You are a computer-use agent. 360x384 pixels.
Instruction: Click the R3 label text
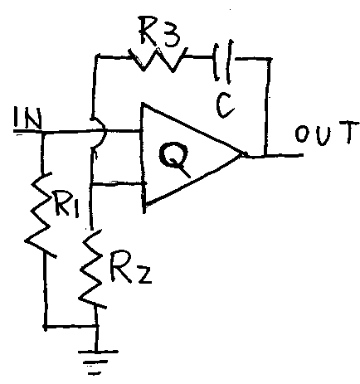(x=160, y=34)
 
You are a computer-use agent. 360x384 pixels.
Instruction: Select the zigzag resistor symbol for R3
(x=157, y=60)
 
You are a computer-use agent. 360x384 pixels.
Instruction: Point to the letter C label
(x=226, y=106)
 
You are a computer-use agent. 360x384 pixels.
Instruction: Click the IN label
(x=27, y=119)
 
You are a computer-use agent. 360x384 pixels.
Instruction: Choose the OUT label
(x=327, y=134)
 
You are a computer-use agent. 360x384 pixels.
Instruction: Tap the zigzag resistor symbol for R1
(x=40, y=215)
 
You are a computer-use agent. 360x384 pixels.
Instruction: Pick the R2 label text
(x=130, y=267)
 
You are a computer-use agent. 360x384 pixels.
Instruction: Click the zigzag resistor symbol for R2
(x=92, y=268)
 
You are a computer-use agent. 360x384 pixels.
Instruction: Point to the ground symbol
(x=97, y=362)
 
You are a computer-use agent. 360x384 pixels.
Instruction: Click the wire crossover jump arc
(x=100, y=134)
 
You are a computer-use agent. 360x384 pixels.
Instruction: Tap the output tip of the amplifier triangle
(x=243, y=154)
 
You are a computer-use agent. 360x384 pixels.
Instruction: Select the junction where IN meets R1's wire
(x=43, y=133)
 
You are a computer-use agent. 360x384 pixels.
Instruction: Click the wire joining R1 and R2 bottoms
(x=71, y=327)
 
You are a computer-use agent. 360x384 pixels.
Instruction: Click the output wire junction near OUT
(x=265, y=156)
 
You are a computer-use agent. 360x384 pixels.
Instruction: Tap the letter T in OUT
(x=350, y=132)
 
